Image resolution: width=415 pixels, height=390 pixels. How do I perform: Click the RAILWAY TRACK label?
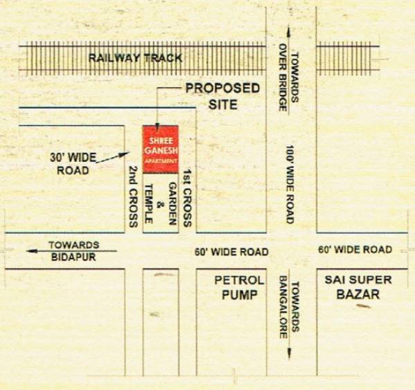pos(135,58)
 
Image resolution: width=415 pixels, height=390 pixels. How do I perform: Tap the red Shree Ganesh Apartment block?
pos(160,149)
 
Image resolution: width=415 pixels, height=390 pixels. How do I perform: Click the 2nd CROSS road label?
pos(133,196)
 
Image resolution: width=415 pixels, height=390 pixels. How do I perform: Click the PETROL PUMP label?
pos(239,288)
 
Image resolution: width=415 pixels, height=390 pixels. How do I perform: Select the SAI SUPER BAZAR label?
pos(358,287)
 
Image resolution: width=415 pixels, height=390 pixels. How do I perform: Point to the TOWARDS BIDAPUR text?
pos(73,251)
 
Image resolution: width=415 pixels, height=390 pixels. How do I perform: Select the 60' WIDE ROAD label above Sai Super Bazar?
pos(355,250)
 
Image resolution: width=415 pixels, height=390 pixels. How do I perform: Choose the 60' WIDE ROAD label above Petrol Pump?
pos(231,252)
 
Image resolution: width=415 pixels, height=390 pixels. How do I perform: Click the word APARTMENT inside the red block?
pos(160,160)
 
